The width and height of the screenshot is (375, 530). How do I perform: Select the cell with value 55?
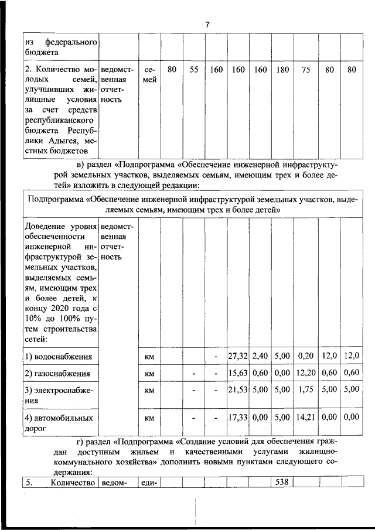coord(193,70)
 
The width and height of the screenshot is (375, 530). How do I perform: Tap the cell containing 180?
coord(282,70)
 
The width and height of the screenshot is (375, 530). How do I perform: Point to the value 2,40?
coord(260,355)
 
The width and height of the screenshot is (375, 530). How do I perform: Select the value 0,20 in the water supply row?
coord(305,355)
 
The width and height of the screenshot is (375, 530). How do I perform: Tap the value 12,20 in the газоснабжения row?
coord(305,372)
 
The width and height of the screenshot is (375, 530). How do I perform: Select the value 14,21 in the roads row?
coord(305,418)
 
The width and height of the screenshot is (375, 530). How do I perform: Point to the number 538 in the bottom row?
coord(282,483)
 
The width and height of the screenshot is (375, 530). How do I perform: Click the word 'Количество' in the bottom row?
coord(73,483)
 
